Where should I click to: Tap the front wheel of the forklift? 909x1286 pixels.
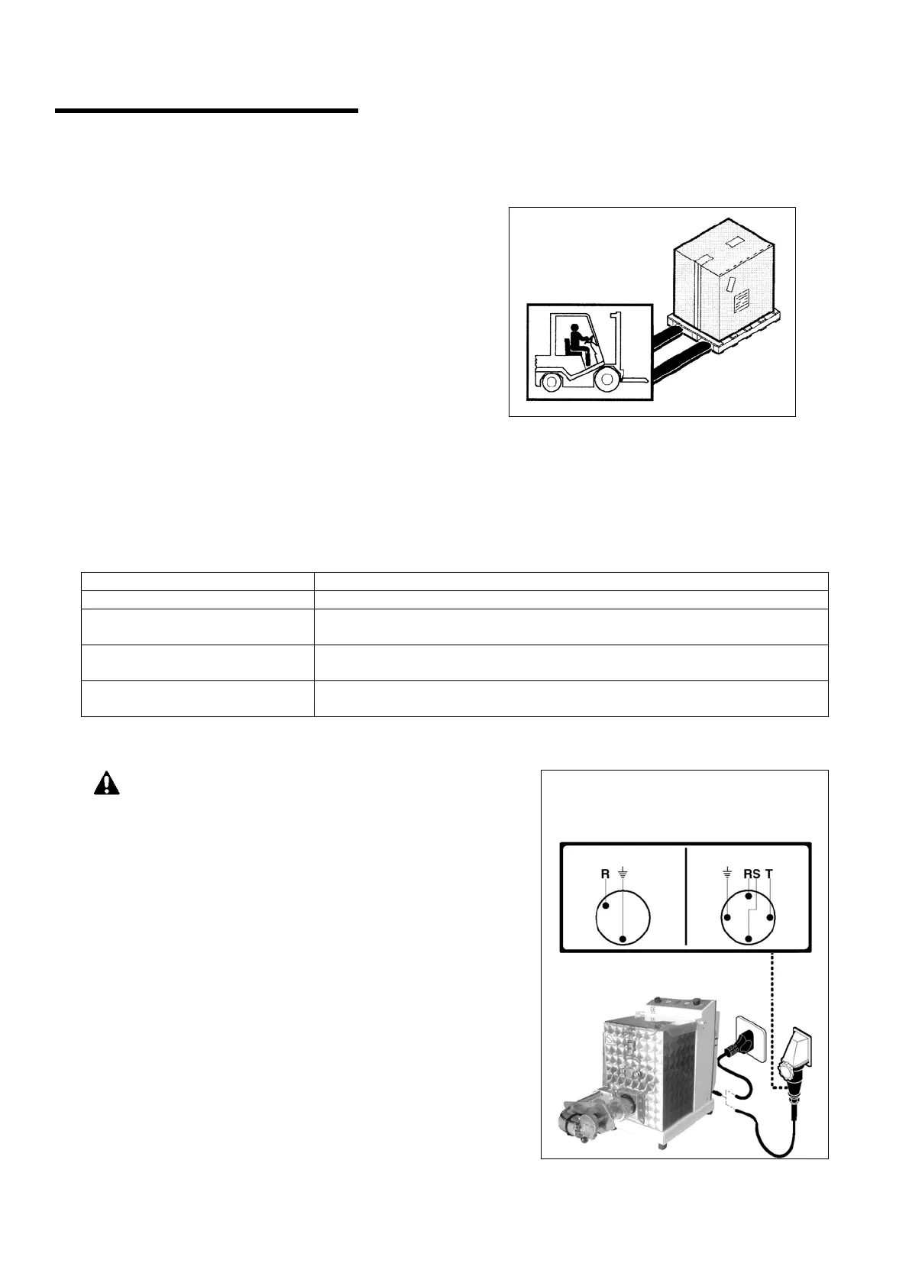[606, 379]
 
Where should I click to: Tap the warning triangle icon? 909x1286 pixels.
[107, 784]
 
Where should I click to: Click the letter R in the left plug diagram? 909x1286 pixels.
[605, 873]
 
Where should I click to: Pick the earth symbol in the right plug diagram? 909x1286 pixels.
[726, 873]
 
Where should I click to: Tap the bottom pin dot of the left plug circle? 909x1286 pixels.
[623, 939]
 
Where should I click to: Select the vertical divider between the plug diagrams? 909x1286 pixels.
[687, 894]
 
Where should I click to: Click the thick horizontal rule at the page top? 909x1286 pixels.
[206, 111]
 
